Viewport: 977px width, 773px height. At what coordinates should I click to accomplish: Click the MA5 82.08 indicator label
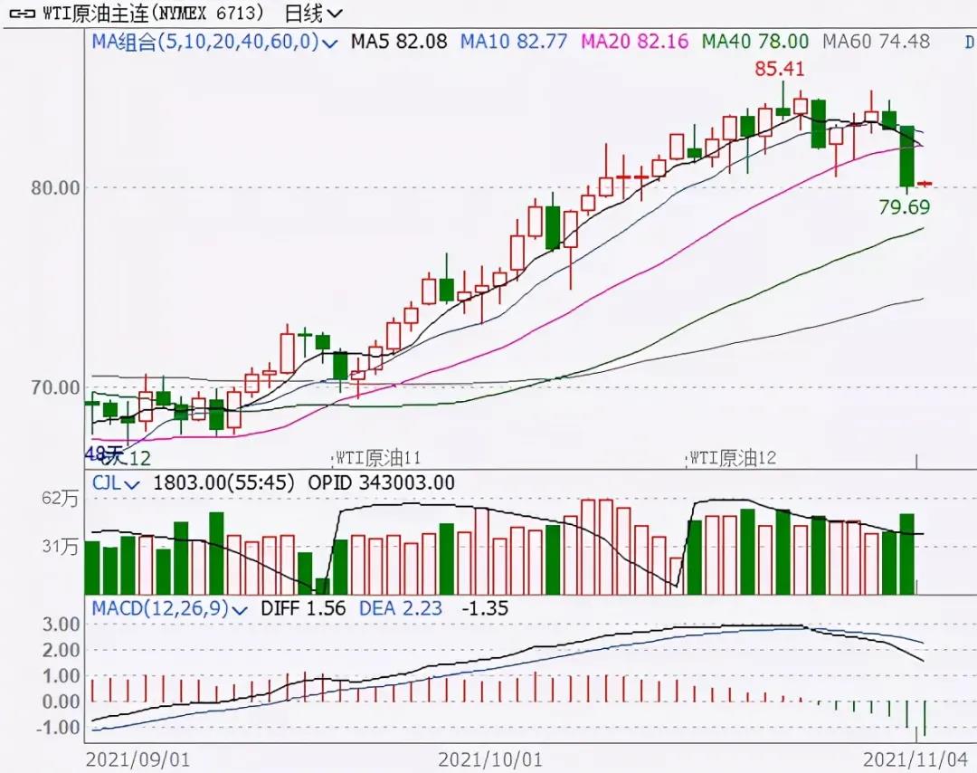pyautogui.click(x=399, y=41)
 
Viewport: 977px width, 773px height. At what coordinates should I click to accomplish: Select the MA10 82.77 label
pyautogui.click(x=514, y=41)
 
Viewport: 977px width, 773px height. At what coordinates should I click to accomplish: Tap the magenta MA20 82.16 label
pyautogui.click(x=635, y=41)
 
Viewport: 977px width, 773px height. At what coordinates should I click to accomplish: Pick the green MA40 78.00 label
pyautogui.click(x=755, y=41)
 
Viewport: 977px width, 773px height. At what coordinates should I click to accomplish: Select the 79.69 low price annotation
pyautogui.click(x=904, y=207)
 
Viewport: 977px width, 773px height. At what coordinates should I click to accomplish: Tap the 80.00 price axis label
pyautogui.click(x=55, y=188)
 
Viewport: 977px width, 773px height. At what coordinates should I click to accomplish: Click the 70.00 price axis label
pyautogui.click(x=55, y=387)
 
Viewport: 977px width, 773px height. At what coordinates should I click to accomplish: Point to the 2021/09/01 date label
pyautogui.click(x=138, y=758)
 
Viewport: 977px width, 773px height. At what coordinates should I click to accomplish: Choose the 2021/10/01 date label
pyautogui.click(x=490, y=758)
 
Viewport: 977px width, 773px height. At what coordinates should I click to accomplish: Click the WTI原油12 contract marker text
pyautogui.click(x=733, y=458)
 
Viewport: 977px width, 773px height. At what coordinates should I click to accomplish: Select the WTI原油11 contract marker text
pyautogui.click(x=379, y=458)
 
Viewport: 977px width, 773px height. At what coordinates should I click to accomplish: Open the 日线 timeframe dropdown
pyautogui.click(x=313, y=13)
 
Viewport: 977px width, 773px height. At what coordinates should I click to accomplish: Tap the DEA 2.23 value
pyautogui.click(x=402, y=608)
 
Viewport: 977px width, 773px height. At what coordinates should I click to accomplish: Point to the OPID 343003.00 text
pyautogui.click(x=382, y=483)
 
